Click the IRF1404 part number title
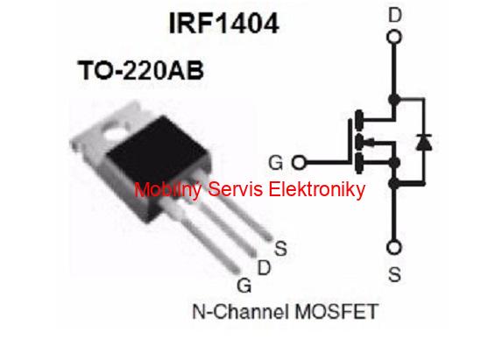[x=224, y=24]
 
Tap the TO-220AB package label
[x=141, y=70]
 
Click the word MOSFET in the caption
[x=336, y=312]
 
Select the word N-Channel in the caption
[x=241, y=312]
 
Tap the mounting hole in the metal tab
[x=115, y=131]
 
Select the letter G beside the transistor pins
[x=244, y=286]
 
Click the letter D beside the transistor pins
[x=264, y=268]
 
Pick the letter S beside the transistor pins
[x=280, y=249]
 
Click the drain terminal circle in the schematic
[x=394, y=37]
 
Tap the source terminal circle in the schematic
[x=394, y=248]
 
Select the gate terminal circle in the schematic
[x=299, y=162]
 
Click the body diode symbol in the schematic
[x=424, y=142]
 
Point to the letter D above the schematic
[x=395, y=15]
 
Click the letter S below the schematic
[x=394, y=274]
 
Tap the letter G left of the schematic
[x=275, y=163]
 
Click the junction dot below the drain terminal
[x=394, y=99]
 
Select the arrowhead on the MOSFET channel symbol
[x=371, y=142]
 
